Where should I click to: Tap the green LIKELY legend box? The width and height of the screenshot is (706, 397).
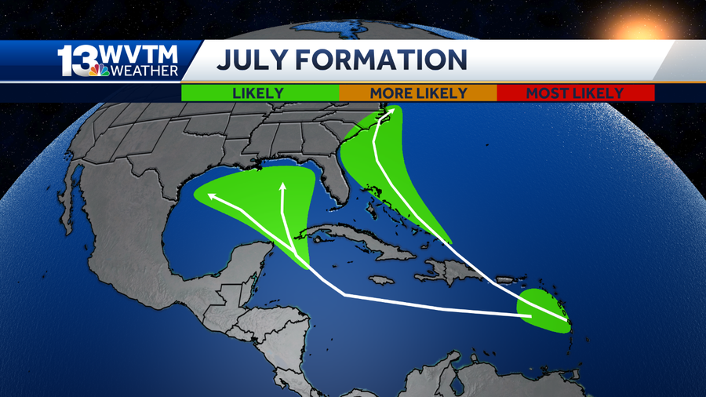pyautogui.click(x=259, y=93)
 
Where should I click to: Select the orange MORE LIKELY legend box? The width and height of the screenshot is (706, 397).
pyautogui.click(x=418, y=93)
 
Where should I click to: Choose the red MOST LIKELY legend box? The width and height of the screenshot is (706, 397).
pyautogui.click(x=575, y=93)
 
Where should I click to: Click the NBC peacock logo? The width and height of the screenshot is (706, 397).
pyautogui.click(x=99, y=70)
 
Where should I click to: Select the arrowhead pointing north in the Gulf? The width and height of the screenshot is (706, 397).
pyautogui.click(x=283, y=187)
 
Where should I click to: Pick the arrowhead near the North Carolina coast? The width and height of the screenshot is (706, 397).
pyautogui.click(x=385, y=116)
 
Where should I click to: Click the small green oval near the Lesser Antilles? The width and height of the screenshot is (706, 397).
pyautogui.click(x=544, y=311)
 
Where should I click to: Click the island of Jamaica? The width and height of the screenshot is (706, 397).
pyautogui.click(x=381, y=280)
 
